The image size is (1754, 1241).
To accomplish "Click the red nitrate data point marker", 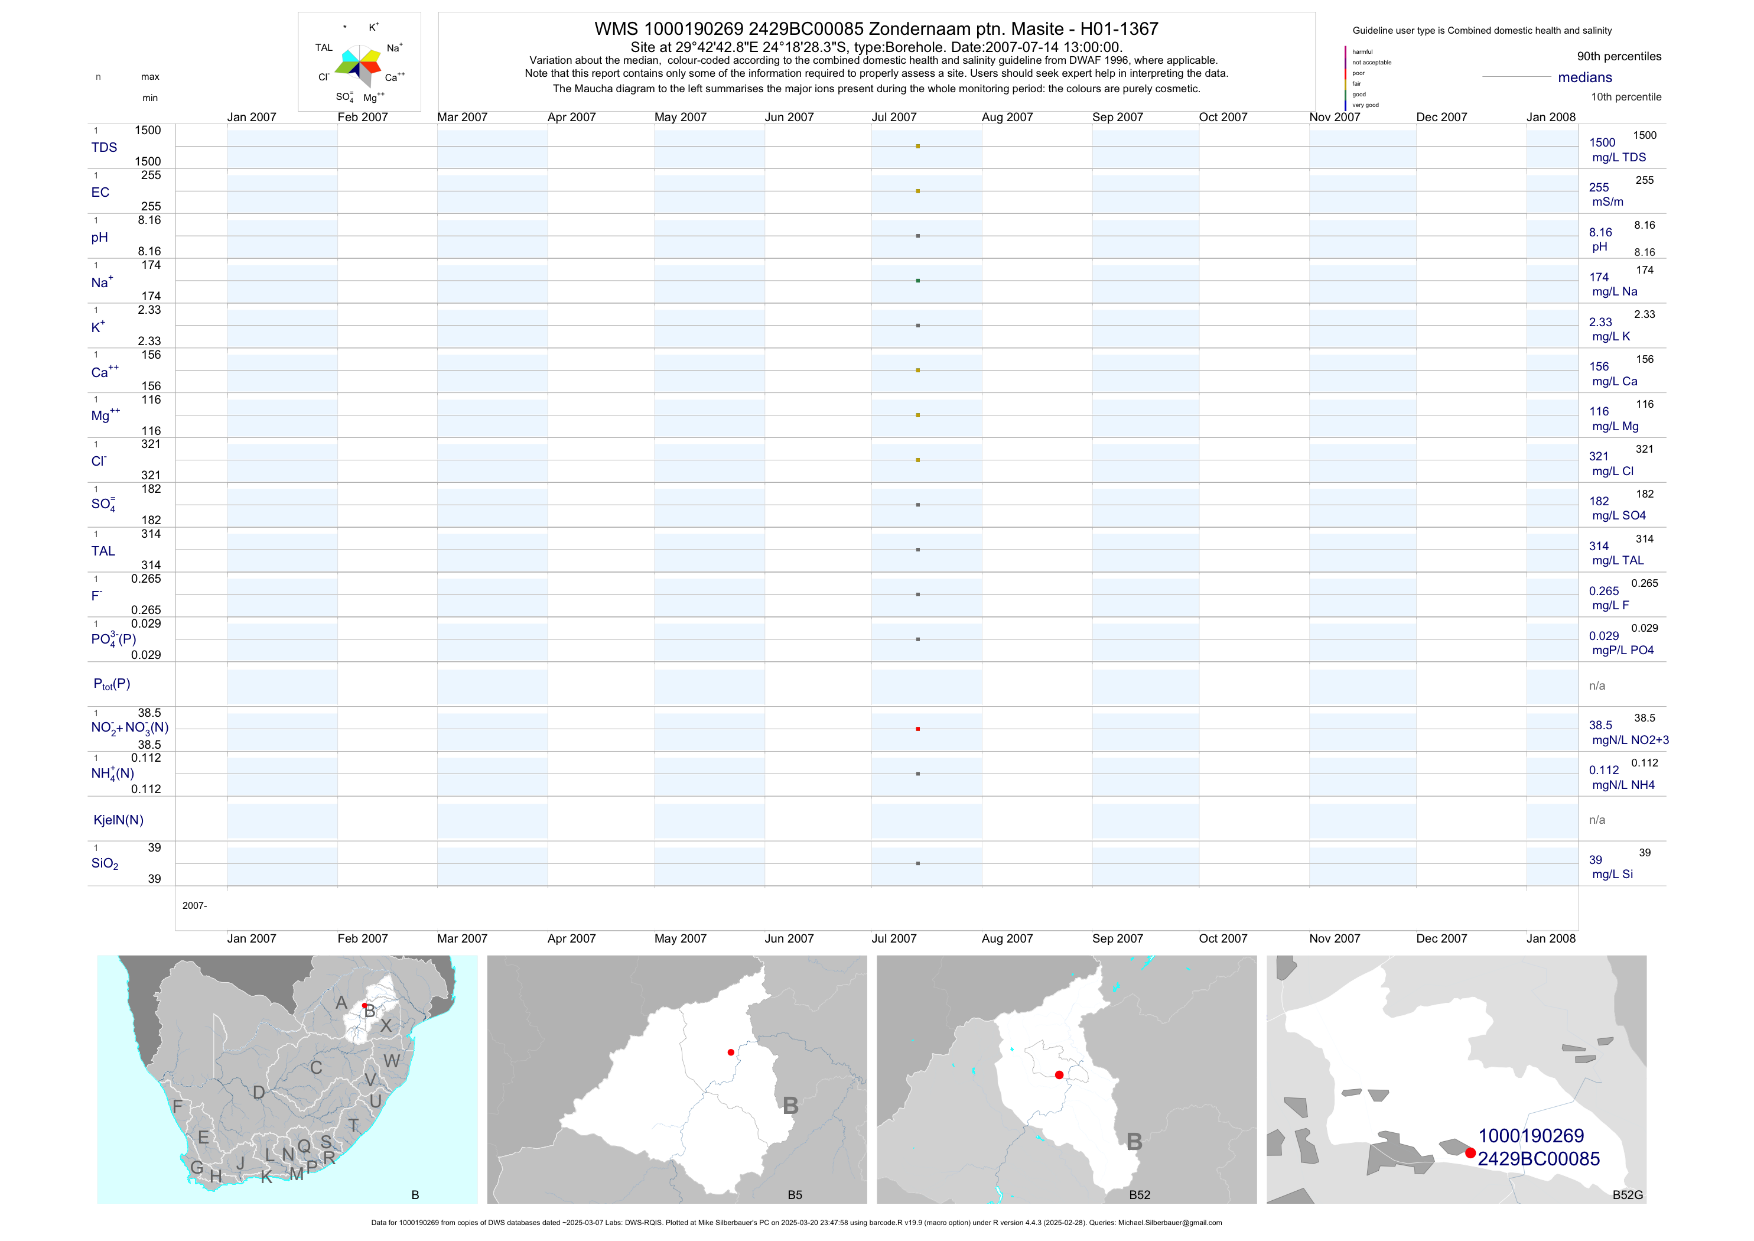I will tap(917, 729).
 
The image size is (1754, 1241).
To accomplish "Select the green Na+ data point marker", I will tap(917, 281).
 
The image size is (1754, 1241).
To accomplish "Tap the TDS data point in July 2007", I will tap(917, 146).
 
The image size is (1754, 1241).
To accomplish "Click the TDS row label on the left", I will tap(104, 148).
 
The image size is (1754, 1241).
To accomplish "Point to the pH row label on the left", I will tap(99, 238).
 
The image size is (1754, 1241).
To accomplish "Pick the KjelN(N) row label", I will tap(118, 820).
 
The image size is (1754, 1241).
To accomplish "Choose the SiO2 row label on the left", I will tap(105, 863).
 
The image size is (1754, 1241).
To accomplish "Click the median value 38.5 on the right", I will tap(1600, 725).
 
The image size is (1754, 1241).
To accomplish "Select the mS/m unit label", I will tap(1607, 202).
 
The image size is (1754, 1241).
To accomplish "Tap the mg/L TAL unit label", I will tap(1618, 560).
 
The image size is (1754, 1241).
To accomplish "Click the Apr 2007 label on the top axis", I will tap(571, 117).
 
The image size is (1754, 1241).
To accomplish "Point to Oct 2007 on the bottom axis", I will tap(1222, 938).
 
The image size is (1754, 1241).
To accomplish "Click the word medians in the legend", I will tap(1584, 77).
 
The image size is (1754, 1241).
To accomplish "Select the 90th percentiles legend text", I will tap(1619, 57).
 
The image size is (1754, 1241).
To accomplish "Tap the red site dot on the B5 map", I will tap(731, 1052).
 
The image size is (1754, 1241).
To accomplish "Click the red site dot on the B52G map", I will tap(1470, 1152).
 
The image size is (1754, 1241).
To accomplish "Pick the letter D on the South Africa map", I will tap(259, 1093).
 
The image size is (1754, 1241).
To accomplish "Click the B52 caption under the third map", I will tap(1139, 1195).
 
